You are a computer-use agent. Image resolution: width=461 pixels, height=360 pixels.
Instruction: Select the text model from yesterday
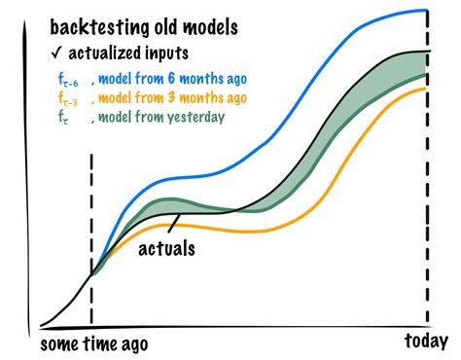tap(160, 117)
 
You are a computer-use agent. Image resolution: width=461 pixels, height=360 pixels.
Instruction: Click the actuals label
tap(166, 248)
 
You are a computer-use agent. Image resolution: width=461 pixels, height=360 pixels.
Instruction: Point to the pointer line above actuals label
tap(173, 227)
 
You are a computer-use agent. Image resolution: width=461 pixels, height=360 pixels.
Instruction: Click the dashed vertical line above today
tap(428, 195)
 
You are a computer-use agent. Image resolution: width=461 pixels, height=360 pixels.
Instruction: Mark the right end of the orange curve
tap(426, 89)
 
